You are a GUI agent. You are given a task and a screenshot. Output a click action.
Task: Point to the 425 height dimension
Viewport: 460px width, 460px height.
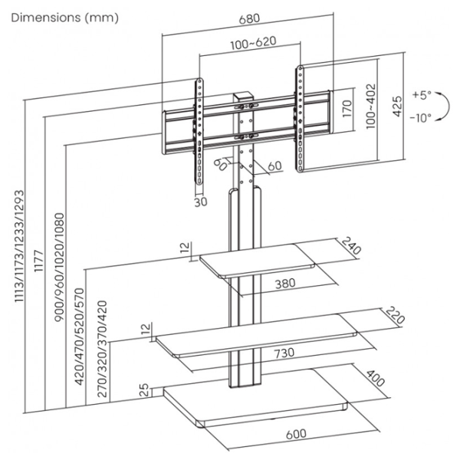pos(397,104)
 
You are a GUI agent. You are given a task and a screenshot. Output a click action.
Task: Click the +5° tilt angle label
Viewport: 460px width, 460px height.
pos(422,95)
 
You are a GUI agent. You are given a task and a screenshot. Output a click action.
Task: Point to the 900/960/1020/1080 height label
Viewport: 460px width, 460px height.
pos(59,273)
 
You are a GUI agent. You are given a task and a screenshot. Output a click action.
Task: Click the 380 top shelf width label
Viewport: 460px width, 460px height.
pos(284,284)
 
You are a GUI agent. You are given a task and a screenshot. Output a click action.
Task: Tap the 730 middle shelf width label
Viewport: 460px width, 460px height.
pos(284,353)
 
